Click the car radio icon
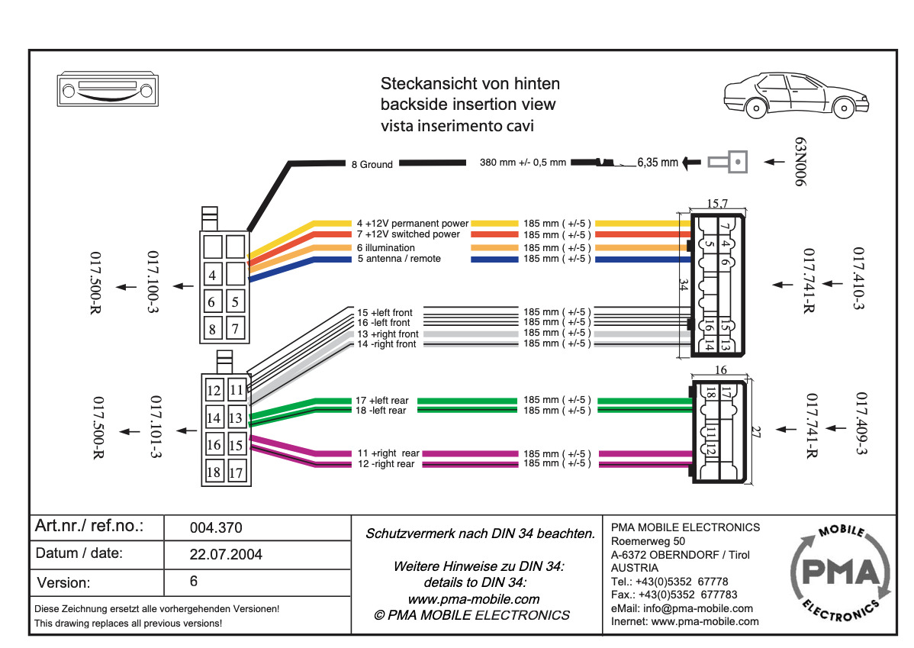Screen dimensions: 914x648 [x=108, y=90]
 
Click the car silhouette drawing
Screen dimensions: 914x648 [x=797, y=95]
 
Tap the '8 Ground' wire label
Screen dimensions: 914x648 [x=372, y=164]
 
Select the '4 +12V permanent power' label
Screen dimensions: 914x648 [x=413, y=224]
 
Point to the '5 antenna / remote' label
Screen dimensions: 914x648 [x=399, y=259]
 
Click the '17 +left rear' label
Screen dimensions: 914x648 [x=381, y=401]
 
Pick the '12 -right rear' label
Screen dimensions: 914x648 [x=386, y=464]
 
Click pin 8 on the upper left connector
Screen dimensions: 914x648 [x=213, y=328]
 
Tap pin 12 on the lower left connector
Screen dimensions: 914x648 [x=214, y=390]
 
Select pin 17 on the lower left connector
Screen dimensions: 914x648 [x=236, y=472]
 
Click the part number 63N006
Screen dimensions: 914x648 [x=801, y=162]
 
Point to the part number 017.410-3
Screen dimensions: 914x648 [x=858, y=279]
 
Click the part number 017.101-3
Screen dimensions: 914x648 [x=155, y=427]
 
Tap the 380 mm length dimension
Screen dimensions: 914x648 [x=523, y=163]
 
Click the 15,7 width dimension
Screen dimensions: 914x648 [x=717, y=204]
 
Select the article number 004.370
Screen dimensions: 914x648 [x=216, y=528]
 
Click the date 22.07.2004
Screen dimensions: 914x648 [x=226, y=555]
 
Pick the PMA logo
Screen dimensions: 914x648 [x=841, y=572]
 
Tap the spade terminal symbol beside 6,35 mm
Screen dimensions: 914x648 [x=728, y=162]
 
